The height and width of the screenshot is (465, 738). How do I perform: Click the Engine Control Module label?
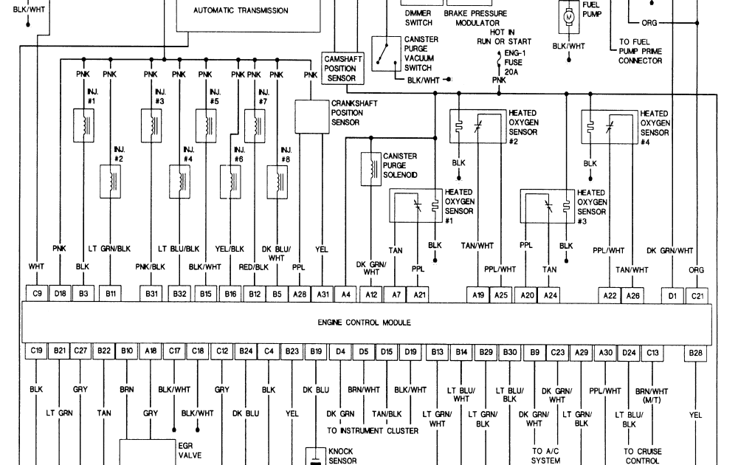(364, 323)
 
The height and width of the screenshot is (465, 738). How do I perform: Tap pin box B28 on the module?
(695, 353)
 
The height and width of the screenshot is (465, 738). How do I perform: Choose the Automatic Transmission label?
(241, 11)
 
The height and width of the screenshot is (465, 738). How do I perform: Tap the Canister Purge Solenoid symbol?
(368, 167)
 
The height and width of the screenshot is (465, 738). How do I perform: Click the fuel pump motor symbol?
(568, 15)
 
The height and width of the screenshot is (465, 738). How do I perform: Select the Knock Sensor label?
(342, 455)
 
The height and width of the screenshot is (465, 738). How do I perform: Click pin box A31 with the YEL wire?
(320, 294)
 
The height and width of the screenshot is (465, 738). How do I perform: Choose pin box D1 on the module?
(672, 294)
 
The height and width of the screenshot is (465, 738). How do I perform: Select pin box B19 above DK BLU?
(316, 353)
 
